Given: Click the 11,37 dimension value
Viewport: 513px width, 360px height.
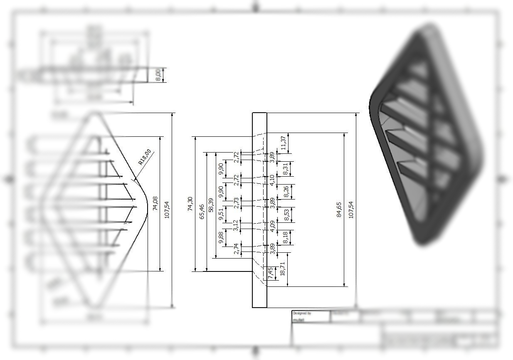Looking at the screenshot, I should (284, 143).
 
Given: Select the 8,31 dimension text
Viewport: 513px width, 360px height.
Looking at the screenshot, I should (286, 168).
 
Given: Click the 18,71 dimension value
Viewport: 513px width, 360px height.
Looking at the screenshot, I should (283, 269).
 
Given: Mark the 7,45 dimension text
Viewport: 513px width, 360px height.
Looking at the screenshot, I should (271, 273).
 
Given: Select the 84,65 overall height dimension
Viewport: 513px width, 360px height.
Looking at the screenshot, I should (339, 210).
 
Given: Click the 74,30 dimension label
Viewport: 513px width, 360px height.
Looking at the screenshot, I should (190, 204).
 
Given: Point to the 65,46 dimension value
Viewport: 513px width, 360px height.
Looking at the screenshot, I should (202, 212).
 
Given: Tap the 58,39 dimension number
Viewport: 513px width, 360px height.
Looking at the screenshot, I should (211, 205).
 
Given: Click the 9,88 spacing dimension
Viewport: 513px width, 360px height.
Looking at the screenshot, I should (221, 237).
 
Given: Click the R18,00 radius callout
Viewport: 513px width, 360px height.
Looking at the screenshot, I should (144, 157).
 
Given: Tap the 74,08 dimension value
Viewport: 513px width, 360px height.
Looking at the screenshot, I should (155, 203).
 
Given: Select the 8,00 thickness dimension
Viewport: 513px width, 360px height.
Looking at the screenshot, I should (158, 75).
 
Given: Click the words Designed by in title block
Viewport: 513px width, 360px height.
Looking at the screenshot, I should (302, 313).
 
